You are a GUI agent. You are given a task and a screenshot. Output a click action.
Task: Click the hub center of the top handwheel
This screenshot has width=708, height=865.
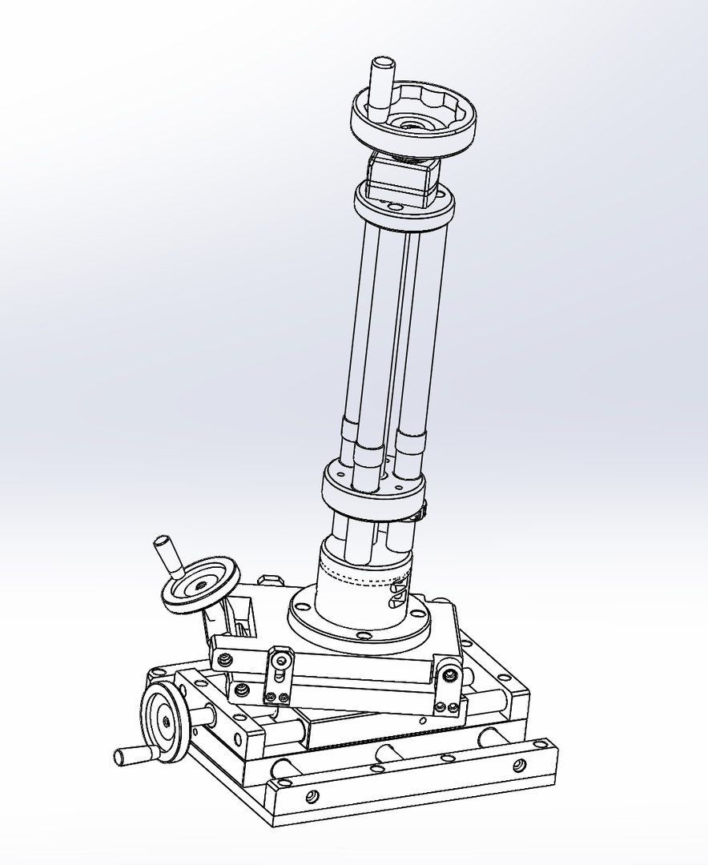tap(413, 125)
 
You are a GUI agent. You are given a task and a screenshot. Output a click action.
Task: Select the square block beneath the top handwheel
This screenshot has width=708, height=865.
tap(402, 178)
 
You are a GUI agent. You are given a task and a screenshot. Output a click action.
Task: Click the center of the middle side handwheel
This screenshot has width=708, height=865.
tap(199, 586)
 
